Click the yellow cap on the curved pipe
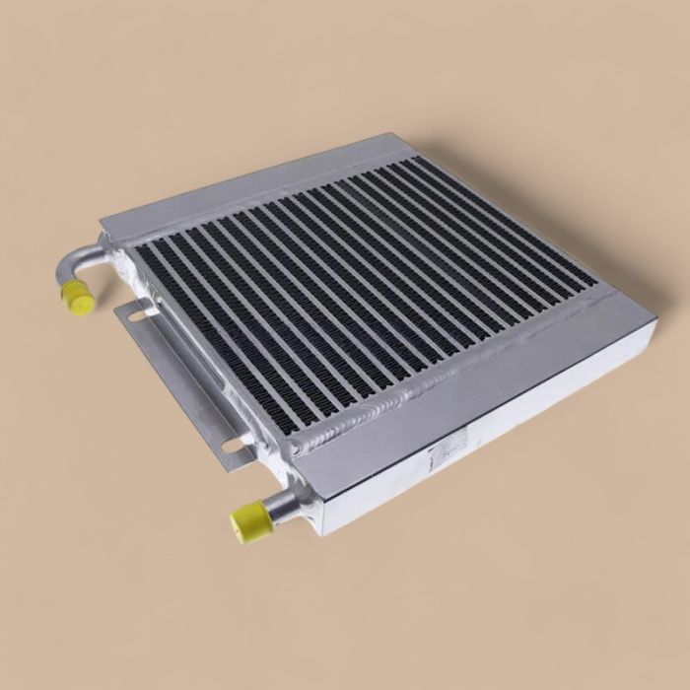[75, 295]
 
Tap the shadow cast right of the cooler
[631, 394]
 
